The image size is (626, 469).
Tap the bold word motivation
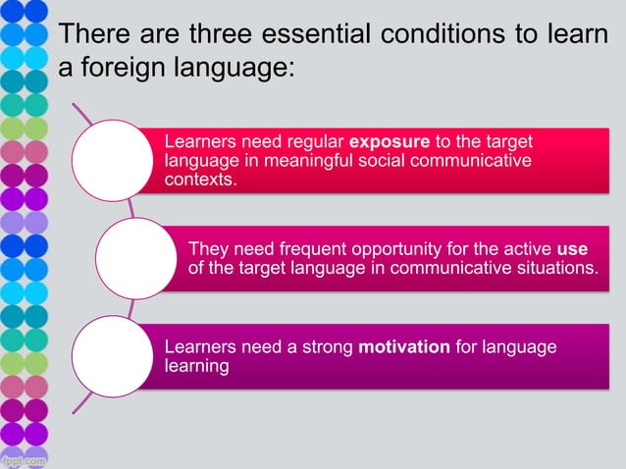coord(404,347)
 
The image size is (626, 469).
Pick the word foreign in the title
coord(128,71)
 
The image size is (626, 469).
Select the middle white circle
coord(135,257)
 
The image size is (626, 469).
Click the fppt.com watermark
coord(24,459)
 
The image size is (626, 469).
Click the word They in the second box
coord(207,247)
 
